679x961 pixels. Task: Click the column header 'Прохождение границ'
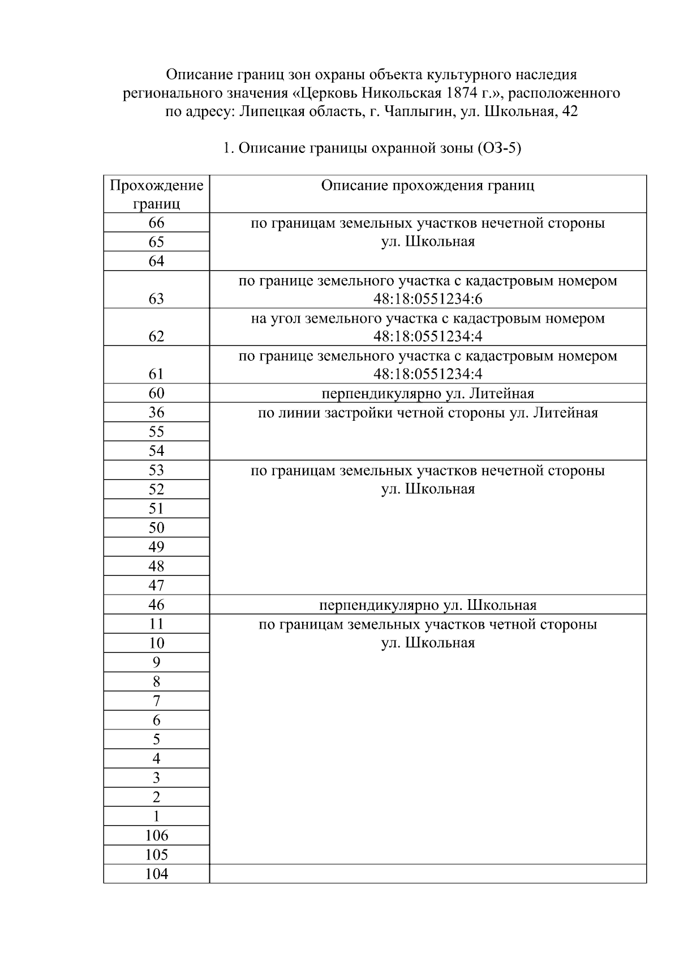[x=156, y=194]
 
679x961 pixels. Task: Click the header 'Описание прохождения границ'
[x=427, y=186]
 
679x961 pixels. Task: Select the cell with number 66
[x=156, y=223]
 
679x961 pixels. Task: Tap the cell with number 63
[x=156, y=298]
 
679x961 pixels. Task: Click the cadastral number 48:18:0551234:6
[x=427, y=299]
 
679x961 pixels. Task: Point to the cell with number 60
[x=156, y=393]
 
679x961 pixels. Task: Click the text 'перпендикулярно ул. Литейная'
[x=427, y=393]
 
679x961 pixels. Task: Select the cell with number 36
[x=156, y=412]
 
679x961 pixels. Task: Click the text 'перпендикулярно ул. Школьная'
[x=427, y=605]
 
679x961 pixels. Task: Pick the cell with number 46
[x=156, y=605]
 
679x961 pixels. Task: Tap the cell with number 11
[x=156, y=624]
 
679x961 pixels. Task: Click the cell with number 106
[x=156, y=835]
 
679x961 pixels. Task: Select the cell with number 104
[x=156, y=874]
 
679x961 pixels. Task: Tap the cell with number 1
[x=156, y=816]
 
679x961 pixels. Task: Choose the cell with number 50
[x=156, y=528]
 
